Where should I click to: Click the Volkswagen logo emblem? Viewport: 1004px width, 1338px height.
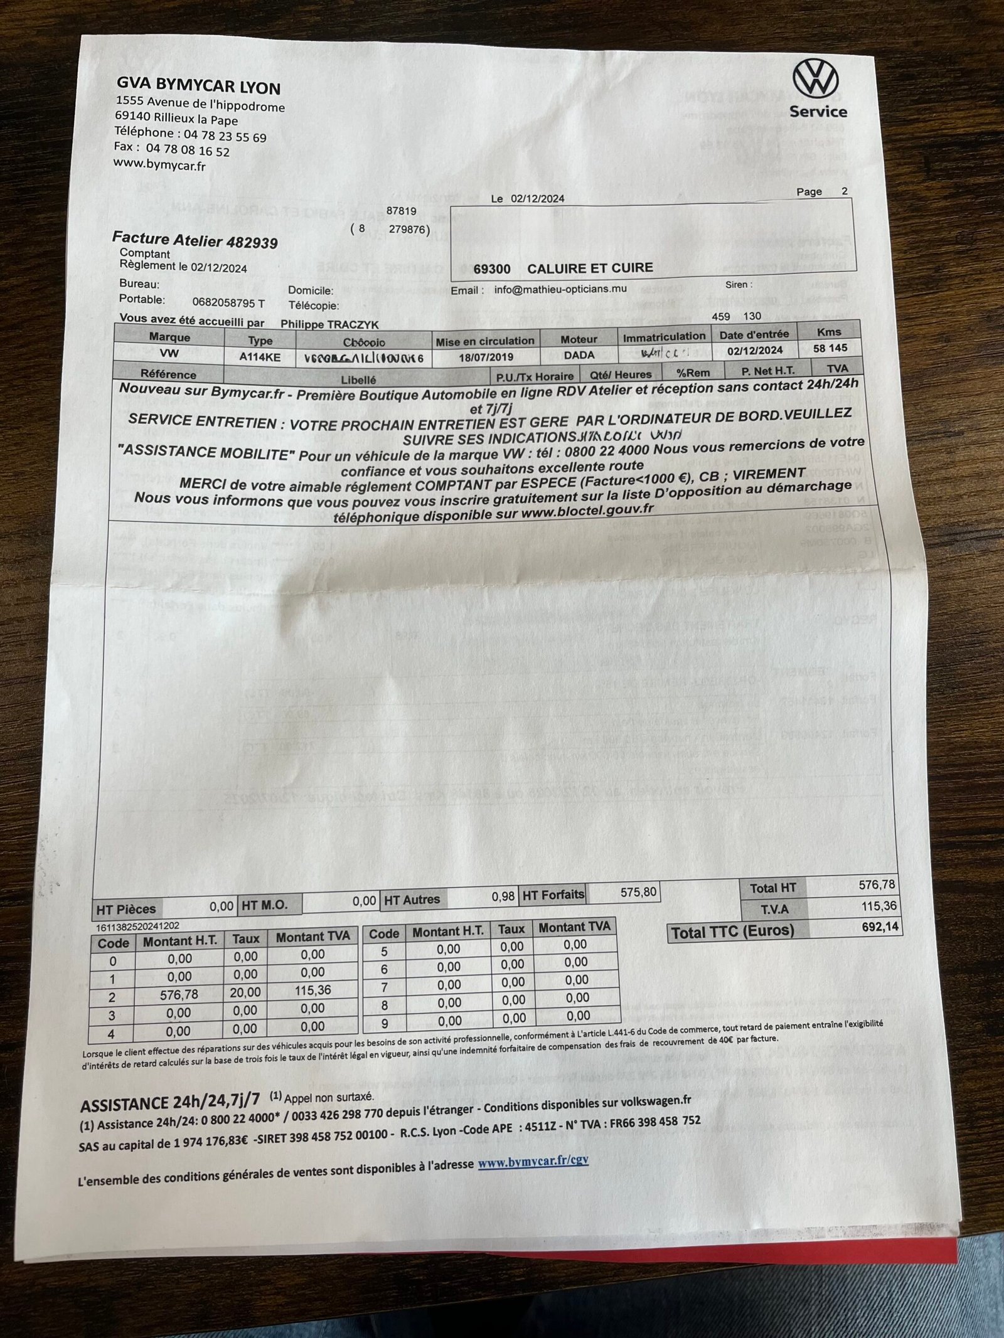(x=815, y=79)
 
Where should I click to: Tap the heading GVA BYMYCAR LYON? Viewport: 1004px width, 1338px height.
(x=198, y=85)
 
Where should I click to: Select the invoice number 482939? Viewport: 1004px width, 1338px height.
(x=252, y=242)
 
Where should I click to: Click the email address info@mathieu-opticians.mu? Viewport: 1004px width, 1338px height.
(x=560, y=289)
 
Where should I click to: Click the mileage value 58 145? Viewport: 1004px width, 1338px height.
(x=830, y=348)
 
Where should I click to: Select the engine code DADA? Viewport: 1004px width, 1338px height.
(x=579, y=355)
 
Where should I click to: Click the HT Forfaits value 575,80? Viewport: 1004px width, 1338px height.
(x=638, y=891)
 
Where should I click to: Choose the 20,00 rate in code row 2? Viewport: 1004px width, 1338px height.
(x=245, y=992)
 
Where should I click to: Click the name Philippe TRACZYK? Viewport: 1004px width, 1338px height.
(x=329, y=324)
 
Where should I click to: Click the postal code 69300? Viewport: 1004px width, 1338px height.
(x=491, y=269)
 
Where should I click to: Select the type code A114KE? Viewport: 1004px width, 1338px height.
(x=260, y=357)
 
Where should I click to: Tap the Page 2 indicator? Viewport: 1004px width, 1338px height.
(x=821, y=191)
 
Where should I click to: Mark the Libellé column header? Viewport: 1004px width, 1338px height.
(x=358, y=380)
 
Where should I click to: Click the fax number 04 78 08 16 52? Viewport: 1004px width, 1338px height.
(x=188, y=151)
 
